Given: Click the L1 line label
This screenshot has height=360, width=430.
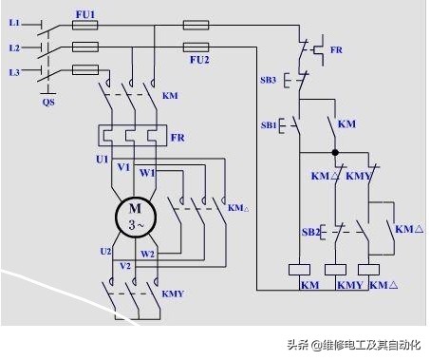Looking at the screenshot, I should tap(13, 22).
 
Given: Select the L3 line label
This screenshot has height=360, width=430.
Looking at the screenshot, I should tap(13, 71).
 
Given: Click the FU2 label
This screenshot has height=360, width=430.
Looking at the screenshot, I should tap(198, 59).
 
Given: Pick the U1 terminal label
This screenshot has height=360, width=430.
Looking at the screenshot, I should tap(103, 159).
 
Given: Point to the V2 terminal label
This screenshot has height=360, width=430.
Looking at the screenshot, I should tap(124, 268).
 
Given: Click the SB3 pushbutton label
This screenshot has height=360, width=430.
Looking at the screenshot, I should tap(269, 81).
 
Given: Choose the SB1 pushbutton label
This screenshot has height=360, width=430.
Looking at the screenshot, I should tap(269, 124).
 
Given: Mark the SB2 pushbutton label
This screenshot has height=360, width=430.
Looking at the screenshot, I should tap(309, 232).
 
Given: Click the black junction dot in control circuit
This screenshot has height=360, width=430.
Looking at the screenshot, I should tap(334, 151).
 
